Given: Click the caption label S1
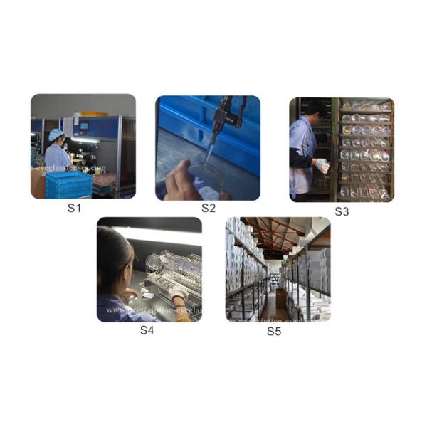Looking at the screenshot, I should (x=74, y=209).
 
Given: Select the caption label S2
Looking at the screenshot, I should (x=208, y=209).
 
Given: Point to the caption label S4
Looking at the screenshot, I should (x=147, y=330).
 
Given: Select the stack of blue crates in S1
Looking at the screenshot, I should (x=68, y=184).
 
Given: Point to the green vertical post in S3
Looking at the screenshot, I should (x=334, y=149).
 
